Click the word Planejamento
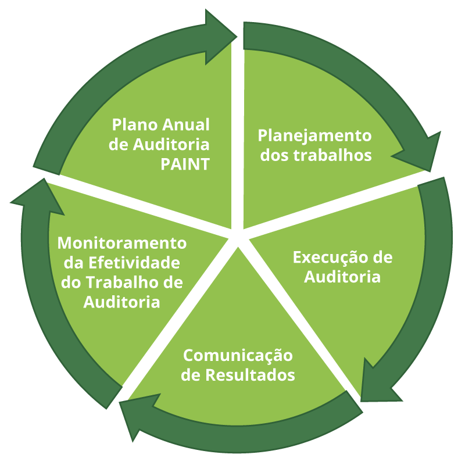click(314, 136)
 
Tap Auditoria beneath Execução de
click(343, 277)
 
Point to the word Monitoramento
click(122, 242)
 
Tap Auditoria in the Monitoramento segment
click(122, 302)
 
